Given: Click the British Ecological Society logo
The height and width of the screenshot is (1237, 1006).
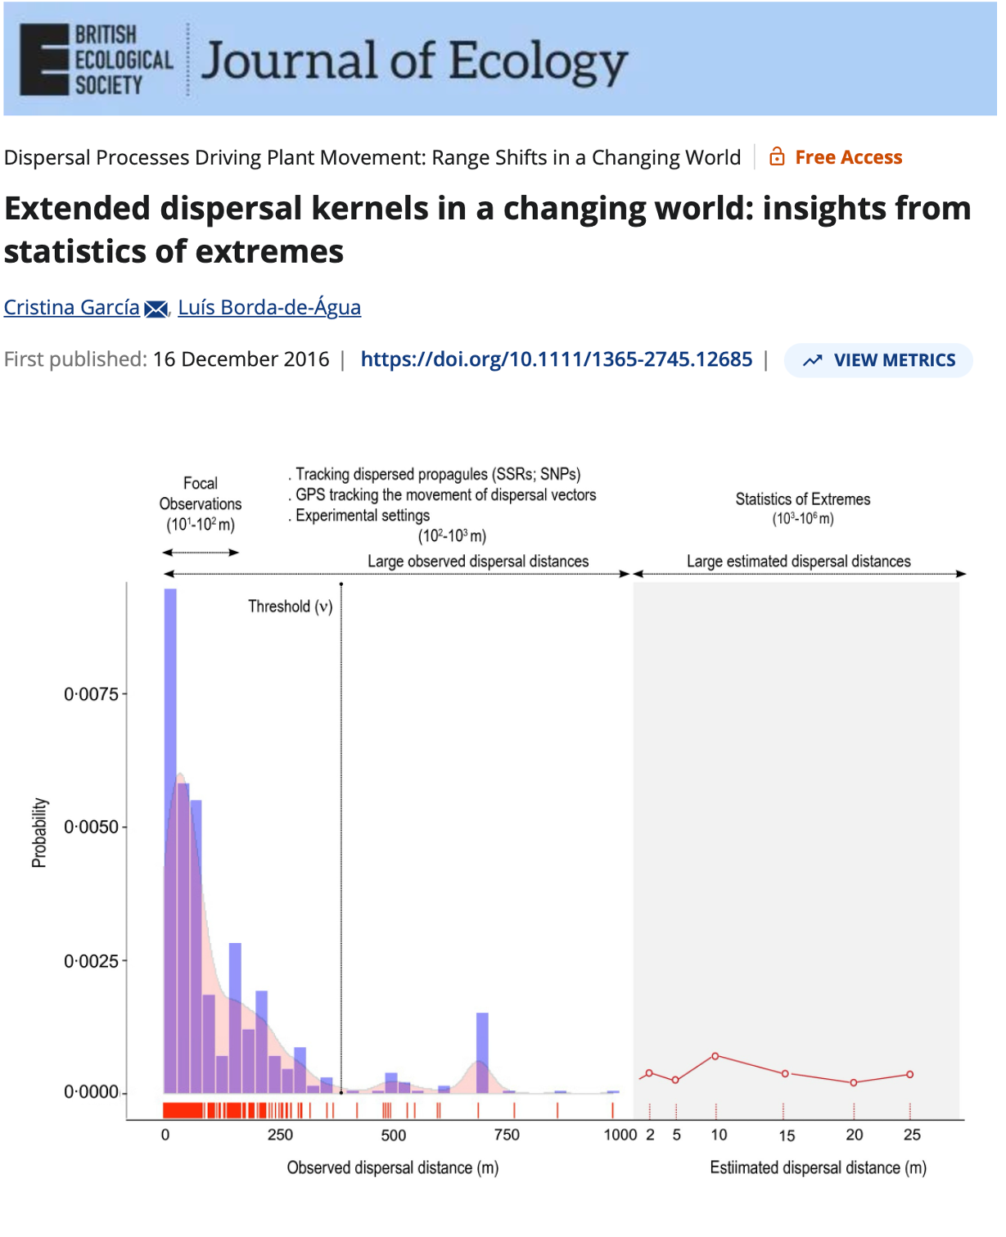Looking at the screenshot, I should [96, 60].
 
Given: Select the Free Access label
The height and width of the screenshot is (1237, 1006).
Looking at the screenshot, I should [848, 157].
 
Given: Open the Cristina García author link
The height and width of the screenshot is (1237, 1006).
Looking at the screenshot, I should [72, 307].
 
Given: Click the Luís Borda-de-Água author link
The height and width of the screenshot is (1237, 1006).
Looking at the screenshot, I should [269, 307].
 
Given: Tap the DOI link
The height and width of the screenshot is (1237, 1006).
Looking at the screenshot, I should [556, 359].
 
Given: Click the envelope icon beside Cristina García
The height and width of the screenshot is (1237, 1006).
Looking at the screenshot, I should [155, 309].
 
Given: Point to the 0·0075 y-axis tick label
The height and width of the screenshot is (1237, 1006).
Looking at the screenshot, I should [91, 694].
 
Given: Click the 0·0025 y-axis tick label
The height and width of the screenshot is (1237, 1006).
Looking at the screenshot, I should [91, 960].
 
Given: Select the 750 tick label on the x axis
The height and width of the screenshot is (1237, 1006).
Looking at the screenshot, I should [507, 1135].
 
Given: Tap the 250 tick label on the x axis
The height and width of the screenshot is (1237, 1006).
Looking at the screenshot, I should [280, 1135].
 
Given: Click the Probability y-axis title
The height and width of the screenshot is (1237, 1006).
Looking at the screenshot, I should [39, 833].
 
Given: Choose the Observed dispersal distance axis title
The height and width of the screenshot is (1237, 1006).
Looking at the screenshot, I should [392, 1167].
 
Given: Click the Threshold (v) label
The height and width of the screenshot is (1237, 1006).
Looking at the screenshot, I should [290, 607].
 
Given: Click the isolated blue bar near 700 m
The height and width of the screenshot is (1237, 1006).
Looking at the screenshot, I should [482, 1052].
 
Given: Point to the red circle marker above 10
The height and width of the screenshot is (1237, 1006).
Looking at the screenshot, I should [715, 1056].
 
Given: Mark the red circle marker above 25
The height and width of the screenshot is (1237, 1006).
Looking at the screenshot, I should [909, 1074].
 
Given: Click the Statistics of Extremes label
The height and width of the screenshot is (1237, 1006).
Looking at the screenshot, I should [802, 499].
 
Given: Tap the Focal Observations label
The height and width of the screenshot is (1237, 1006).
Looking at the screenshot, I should [201, 494].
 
